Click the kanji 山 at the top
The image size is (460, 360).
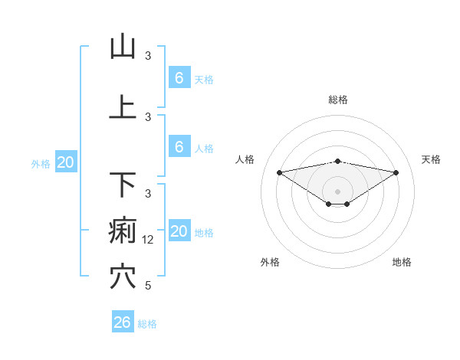point(123,47)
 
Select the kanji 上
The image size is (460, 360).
point(123,106)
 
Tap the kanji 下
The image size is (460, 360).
point(123,185)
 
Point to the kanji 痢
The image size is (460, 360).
point(123,231)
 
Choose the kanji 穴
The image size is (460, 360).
point(123,277)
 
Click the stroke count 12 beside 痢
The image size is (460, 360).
point(149,240)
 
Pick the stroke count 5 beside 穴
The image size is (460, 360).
point(148,286)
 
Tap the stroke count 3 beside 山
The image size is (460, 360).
point(148,56)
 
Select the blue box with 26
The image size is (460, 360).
point(123,322)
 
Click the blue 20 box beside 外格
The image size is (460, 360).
point(66,162)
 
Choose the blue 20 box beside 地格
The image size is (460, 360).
point(179,231)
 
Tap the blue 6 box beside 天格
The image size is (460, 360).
point(179,78)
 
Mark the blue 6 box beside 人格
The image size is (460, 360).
point(179,146)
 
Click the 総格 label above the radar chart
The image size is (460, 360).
point(338,100)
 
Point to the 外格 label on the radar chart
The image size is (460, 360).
point(270,262)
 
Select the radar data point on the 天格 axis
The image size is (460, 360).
point(396,172)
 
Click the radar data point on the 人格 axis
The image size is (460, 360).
point(279,172)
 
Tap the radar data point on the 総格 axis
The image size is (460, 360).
point(338,162)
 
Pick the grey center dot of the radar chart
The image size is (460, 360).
point(338,191)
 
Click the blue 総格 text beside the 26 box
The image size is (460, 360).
point(147,324)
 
